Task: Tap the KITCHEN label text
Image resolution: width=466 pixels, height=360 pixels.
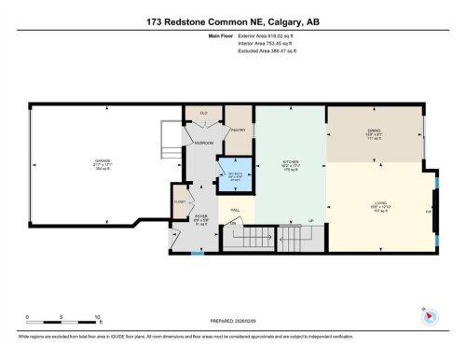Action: tap(290, 160)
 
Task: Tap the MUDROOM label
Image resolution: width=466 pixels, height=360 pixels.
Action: tap(203, 143)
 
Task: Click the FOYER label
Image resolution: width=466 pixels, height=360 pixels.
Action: tap(199, 216)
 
